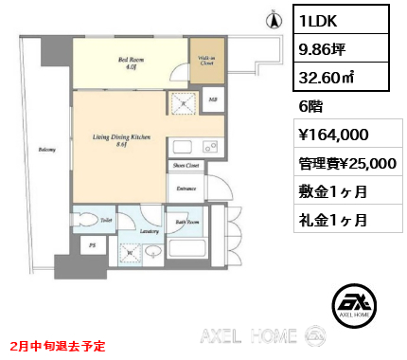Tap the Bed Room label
pos(130,63)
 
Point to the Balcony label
pos(44,149)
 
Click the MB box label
pos(213,99)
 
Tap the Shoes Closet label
pos(185,166)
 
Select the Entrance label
pos(186,188)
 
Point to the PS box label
pos(92,246)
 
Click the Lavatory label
pos(148,230)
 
